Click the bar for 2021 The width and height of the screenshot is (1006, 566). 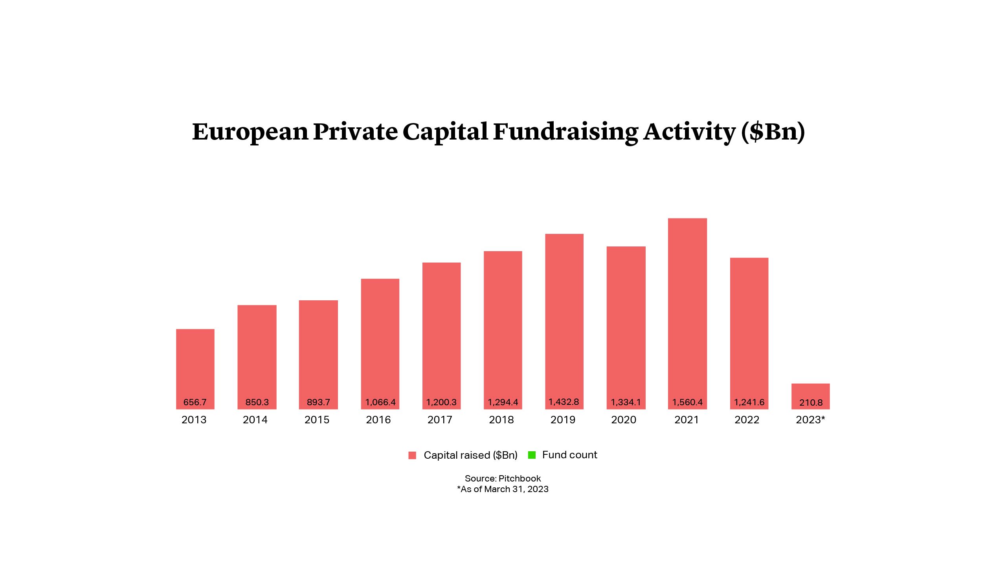pos(687,311)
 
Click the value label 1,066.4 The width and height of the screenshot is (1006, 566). pos(380,402)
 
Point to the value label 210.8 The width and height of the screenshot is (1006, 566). pos(811,402)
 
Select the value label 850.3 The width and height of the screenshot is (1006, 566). pos(257,402)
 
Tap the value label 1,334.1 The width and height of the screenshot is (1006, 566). pos(626,402)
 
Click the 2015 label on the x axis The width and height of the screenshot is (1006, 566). pos(317,420)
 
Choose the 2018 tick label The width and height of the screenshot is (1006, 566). pos(501,420)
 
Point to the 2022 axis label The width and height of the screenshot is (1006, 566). pos(747,420)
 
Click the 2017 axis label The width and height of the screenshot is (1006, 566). pos(440,420)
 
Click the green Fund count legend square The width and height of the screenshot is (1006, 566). pos(532,455)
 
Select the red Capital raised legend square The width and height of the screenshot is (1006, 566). pos(412,456)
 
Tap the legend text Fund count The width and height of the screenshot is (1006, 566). pos(569,455)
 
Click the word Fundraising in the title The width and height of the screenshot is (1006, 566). pos(565,132)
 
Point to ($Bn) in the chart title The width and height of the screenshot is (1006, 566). pos(773,132)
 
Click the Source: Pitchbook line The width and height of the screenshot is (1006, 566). pos(503,478)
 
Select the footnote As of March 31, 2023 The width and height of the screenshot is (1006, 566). pos(503,489)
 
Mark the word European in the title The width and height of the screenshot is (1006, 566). pos(250,132)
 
